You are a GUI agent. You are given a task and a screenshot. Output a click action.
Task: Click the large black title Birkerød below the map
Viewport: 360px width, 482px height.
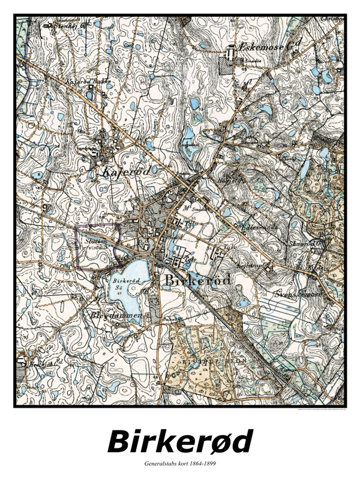pos(179,442)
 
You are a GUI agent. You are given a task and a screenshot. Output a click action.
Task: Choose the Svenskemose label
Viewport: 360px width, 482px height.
pos(300,295)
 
